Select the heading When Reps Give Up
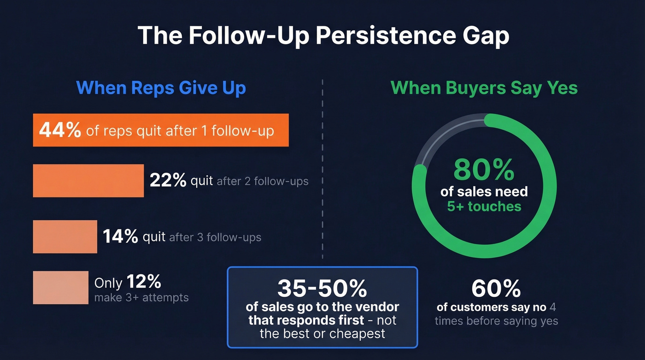click(x=161, y=88)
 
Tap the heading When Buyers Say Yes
click(x=484, y=88)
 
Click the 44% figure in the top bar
click(x=60, y=130)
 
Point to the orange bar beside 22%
click(x=88, y=181)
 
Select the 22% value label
click(x=168, y=181)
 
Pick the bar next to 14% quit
click(x=65, y=236)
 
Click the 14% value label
click(x=120, y=236)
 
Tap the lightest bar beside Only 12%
click(x=60, y=287)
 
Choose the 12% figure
click(x=144, y=282)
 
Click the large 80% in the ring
click(x=484, y=170)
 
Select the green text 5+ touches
click(x=484, y=206)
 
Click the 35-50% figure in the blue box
click(x=322, y=288)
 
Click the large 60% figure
click(x=496, y=289)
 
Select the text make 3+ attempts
click(x=141, y=298)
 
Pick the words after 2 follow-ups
click(x=262, y=181)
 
